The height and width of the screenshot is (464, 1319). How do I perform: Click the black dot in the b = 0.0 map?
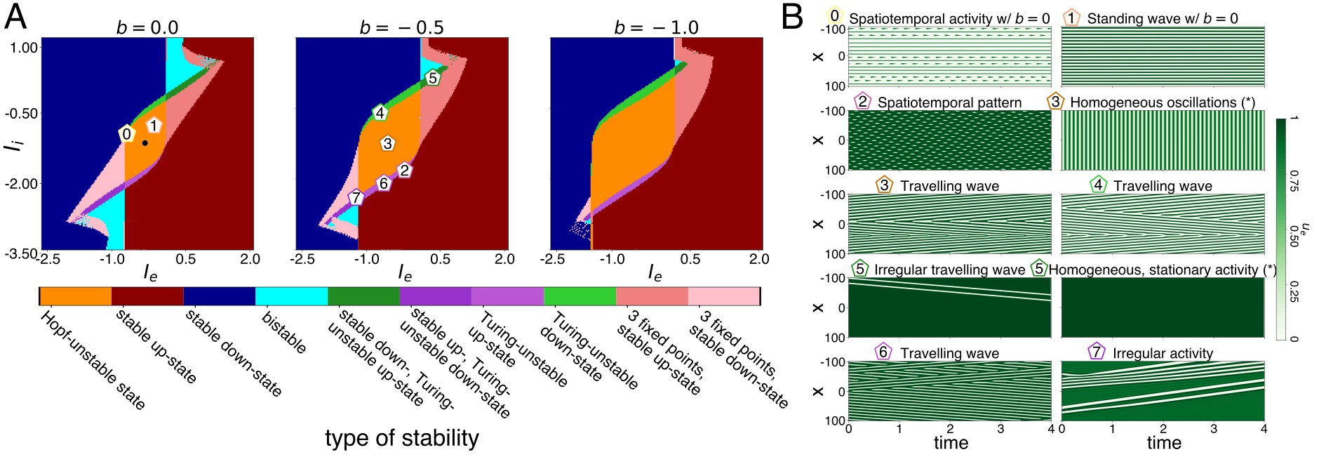145,142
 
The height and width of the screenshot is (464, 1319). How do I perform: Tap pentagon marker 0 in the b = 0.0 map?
126,134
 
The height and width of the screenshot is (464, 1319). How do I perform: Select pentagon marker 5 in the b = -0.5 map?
432,78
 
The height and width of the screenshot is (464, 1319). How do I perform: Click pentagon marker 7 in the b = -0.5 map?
356,197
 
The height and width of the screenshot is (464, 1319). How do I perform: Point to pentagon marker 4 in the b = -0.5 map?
380,112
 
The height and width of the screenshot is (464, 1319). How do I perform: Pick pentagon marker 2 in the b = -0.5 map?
403,170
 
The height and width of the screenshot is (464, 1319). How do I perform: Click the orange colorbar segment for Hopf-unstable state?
76,296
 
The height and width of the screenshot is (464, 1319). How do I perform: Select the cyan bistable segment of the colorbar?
291,296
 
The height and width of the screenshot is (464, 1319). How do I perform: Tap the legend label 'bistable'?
284,333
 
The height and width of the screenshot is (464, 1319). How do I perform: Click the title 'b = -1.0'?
656,27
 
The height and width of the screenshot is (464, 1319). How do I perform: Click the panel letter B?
792,17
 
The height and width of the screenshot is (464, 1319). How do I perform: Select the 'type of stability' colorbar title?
401,439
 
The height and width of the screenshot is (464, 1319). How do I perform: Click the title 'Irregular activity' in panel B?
1163,353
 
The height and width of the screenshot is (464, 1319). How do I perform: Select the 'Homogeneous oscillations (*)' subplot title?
1162,102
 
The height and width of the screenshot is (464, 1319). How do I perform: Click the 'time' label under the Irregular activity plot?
1164,443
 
